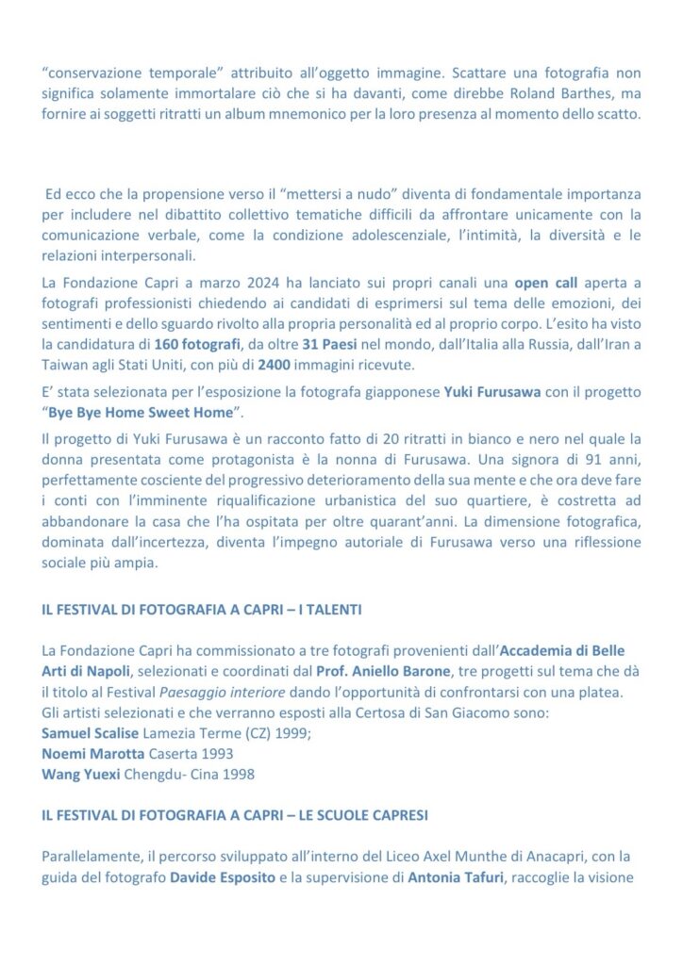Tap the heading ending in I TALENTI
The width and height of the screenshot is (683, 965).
click(x=201, y=611)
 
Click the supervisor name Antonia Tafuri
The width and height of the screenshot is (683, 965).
click(x=453, y=878)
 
